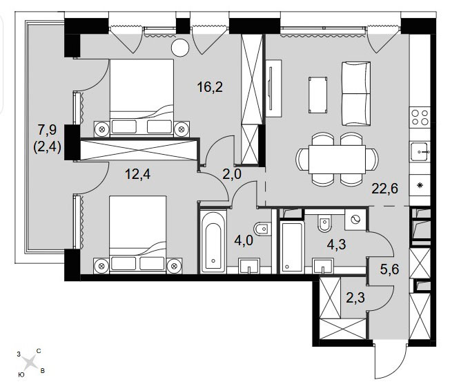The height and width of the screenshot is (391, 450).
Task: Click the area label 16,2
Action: [x=210, y=87]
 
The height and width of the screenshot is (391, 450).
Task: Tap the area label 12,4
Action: [x=138, y=174]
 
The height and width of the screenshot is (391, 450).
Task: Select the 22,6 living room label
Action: [x=385, y=189]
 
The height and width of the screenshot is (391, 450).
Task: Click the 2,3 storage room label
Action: [x=355, y=298]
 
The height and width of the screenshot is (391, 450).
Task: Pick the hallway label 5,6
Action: [x=389, y=269]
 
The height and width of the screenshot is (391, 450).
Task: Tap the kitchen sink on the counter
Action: [x=420, y=152]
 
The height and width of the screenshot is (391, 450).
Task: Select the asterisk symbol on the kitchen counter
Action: [x=420, y=185]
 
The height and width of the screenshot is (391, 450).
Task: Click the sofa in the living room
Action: [x=356, y=93]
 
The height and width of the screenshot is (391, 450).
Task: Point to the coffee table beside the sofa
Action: [x=318, y=95]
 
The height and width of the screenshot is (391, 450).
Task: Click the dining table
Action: [x=337, y=159]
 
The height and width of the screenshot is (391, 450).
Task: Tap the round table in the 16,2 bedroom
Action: [x=180, y=48]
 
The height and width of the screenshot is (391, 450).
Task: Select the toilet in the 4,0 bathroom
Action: [x=262, y=229]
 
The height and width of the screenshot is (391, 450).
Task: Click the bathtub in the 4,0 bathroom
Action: [x=213, y=242]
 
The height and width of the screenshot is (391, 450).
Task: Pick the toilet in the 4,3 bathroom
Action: [x=324, y=224]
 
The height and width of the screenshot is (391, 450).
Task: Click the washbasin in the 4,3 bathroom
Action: [x=323, y=266]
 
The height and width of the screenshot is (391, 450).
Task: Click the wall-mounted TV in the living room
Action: [x=271, y=88]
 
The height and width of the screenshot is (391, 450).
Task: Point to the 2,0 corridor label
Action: [x=232, y=174]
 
